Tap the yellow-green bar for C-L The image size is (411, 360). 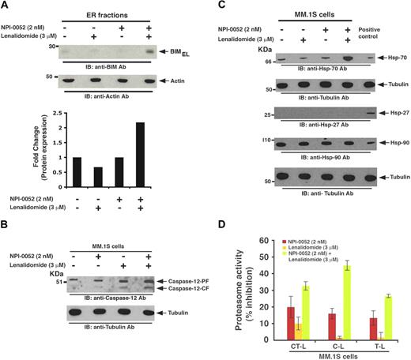coord(323,312)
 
